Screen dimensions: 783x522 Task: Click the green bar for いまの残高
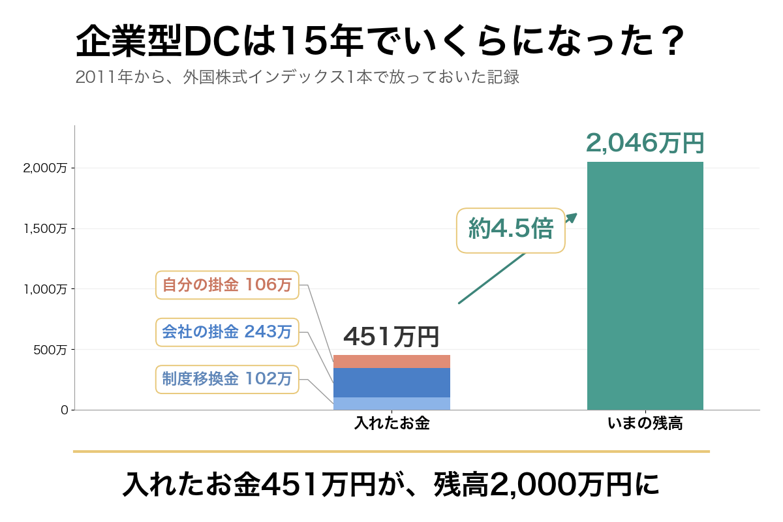(x=645, y=286)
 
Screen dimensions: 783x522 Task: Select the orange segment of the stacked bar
(x=391, y=361)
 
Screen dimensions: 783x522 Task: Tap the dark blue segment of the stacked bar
(x=391, y=383)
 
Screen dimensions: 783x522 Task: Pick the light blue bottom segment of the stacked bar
(x=391, y=403)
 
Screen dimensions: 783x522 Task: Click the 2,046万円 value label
(x=645, y=143)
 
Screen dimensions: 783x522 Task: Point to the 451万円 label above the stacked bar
(x=391, y=337)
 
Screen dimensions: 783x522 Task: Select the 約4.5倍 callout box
(x=511, y=230)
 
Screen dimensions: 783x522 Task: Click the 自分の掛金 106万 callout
(x=227, y=285)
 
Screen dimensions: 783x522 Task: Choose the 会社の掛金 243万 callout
(x=227, y=332)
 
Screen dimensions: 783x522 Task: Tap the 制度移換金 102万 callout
(x=227, y=379)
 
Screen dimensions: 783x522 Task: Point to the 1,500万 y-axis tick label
(x=45, y=228)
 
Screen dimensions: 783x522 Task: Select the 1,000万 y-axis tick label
(x=45, y=289)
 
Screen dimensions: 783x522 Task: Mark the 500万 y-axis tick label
(x=50, y=350)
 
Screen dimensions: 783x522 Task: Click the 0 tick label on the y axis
(x=65, y=410)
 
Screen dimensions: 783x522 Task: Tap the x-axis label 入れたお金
(x=392, y=423)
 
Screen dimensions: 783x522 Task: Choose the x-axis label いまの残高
(x=645, y=423)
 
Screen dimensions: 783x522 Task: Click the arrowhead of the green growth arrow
(x=572, y=217)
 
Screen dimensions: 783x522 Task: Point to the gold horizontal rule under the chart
(x=391, y=452)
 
